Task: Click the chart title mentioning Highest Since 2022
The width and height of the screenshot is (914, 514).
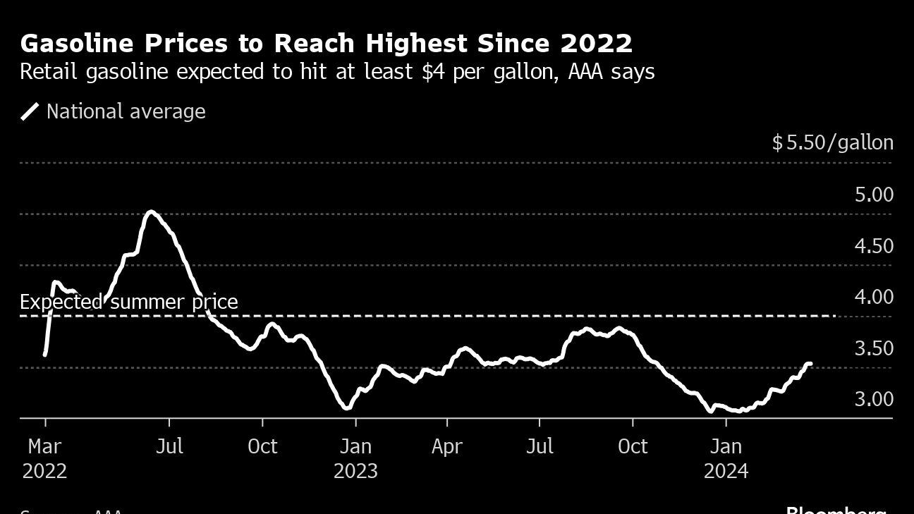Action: tap(326, 44)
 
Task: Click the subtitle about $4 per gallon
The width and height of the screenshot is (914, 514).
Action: tap(337, 72)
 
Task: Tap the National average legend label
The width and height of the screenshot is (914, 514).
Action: tap(126, 111)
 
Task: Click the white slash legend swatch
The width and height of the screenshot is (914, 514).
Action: tap(30, 111)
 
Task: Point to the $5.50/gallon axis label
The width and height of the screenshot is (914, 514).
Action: tap(832, 142)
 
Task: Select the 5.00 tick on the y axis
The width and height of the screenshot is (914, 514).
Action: tap(874, 195)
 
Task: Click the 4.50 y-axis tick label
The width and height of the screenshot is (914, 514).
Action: tap(874, 246)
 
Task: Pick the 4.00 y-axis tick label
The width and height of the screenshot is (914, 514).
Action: tap(874, 297)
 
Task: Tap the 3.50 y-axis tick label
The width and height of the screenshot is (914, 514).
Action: tap(874, 348)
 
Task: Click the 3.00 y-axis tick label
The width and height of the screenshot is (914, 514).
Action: tap(874, 399)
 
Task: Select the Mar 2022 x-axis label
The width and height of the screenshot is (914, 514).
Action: tap(45, 458)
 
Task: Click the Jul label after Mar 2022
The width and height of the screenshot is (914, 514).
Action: tap(169, 446)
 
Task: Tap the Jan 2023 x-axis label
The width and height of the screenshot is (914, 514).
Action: tap(355, 458)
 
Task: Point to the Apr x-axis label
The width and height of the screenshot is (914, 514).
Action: tap(447, 446)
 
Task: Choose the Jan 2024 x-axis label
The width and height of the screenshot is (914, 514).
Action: tap(726, 458)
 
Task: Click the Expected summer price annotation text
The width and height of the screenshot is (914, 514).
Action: tap(128, 302)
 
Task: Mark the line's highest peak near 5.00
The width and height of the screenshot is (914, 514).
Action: tap(150, 212)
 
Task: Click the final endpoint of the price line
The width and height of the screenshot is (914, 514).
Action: tap(810, 364)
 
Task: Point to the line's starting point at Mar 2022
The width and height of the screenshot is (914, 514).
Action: tap(45, 354)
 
